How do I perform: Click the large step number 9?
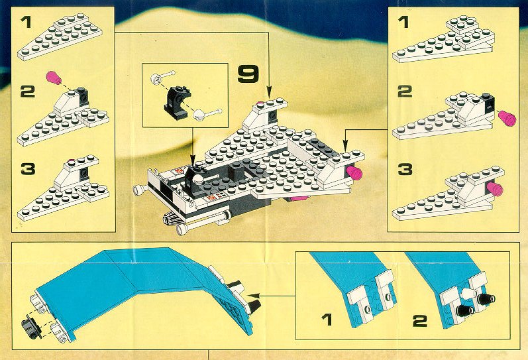pos(248,74)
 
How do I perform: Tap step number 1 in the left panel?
pos(26,23)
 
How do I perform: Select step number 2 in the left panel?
pos(28,91)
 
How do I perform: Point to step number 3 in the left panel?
pos(28,168)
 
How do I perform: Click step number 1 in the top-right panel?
pos(403,23)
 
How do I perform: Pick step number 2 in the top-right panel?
pos(405,91)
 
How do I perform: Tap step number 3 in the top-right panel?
pos(405,169)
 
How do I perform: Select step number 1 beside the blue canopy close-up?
pos(327,320)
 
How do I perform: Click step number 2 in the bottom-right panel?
pos(420,321)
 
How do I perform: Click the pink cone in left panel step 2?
pos(54,78)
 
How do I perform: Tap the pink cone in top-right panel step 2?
pos(507,118)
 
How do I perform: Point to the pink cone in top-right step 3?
pos(494,189)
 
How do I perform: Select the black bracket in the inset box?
pos(176,103)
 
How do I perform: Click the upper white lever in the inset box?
pos(163,77)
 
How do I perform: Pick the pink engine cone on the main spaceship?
pos(354,172)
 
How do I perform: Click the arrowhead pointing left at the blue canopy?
pos(254,296)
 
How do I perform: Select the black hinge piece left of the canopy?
pos(30,328)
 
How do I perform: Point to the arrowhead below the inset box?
pos(193,159)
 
